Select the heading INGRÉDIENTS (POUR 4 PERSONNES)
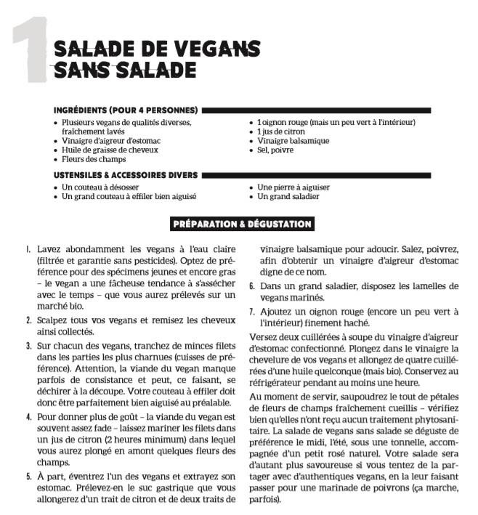tap(126, 110)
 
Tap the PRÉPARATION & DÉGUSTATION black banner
tap(242, 224)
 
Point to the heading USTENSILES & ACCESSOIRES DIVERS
tap(126, 175)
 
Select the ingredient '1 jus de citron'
tap(284, 131)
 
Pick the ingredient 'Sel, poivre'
tap(277, 150)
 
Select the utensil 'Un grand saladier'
tap(288, 196)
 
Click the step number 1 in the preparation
tap(28, 248)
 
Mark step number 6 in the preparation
tap(251, 286)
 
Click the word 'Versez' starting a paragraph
tap(263, 337)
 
